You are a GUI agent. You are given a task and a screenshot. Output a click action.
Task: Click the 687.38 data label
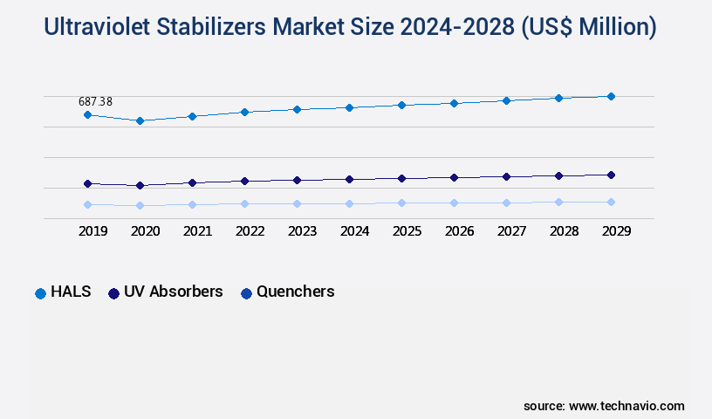point(95,101)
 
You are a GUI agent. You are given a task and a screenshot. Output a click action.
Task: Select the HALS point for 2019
point(87,114)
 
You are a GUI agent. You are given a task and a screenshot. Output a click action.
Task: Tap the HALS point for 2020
point(140,120)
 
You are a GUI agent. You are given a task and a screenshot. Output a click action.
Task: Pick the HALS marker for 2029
point(611,96)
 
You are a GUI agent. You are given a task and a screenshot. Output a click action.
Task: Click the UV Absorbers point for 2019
point(87,183)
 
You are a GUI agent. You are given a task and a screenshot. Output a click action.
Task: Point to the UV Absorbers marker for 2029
point(611,175)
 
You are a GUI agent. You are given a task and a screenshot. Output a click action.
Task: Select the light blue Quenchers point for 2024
point(349,203)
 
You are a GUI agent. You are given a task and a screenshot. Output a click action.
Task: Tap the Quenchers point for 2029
point(611,202)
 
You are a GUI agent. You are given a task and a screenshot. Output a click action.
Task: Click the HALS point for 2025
point(401,105)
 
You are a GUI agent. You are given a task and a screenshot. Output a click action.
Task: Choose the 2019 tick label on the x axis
point(93,232)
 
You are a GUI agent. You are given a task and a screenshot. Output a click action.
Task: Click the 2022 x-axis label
point(250,232)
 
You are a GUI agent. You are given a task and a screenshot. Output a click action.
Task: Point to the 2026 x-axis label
point(460,232)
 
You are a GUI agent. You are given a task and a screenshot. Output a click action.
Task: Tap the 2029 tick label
point(616,232)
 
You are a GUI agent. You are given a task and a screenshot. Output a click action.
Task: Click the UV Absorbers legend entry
point(166,292)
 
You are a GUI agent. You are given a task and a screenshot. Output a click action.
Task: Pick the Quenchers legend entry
point(288,292)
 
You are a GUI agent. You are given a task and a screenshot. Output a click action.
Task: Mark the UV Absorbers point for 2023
point(297,180)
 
